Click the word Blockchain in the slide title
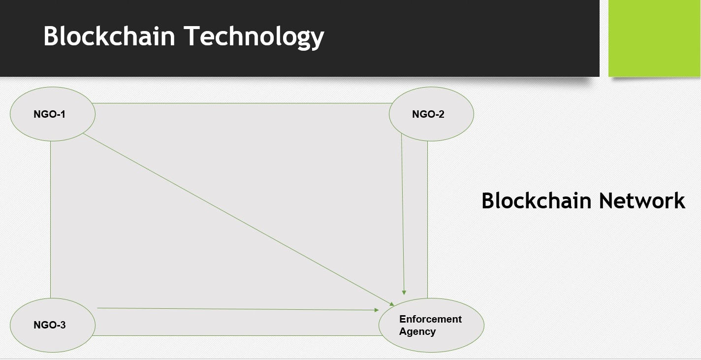109,36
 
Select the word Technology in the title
254,36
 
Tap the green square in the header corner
655,38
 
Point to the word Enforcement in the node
430,319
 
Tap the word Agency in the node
417,331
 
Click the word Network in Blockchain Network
642,201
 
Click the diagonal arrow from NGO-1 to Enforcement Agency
236,218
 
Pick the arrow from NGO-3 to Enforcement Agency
236,309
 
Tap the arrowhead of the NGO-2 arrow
404,292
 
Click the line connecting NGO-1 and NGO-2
241,103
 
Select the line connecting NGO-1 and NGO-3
51,219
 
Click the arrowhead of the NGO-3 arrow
376,310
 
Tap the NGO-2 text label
428,114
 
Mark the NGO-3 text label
50,325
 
